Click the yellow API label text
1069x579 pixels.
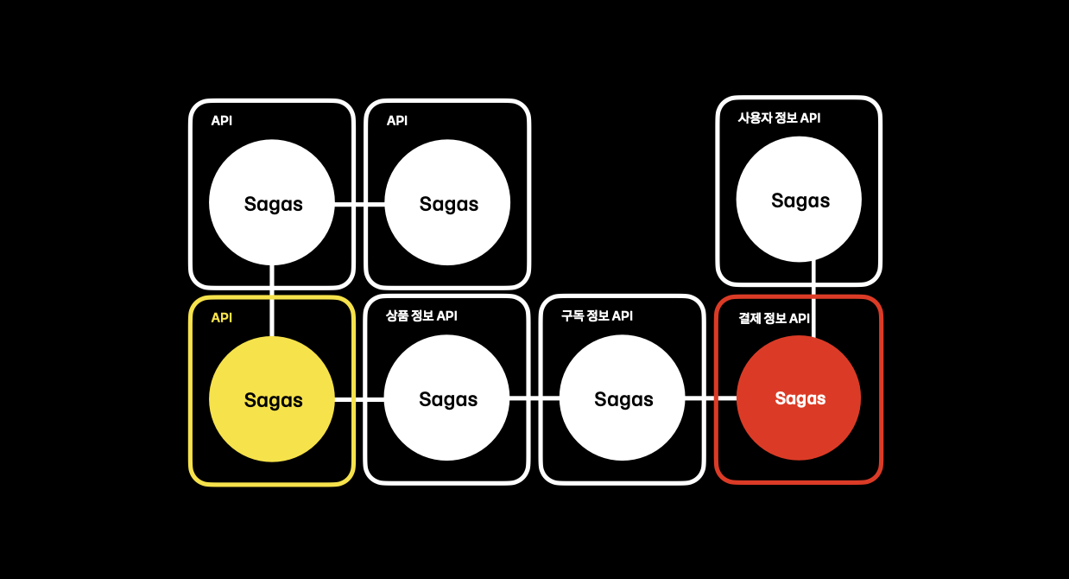click(x=222, y=318)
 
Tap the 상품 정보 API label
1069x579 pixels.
click(x=421, y=316)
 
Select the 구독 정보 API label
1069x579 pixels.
click(x=597, y=316)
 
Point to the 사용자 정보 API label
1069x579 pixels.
click(x=779, y=118)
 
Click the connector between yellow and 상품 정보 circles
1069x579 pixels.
click(x=359, y=399)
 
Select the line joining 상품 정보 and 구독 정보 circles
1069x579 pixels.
click(x=534, y=399)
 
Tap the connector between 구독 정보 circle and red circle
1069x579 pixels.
click(x=711, y=398)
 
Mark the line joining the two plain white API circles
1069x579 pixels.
click(x=359, y=204)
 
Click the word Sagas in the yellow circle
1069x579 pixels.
click(x=273, y=400)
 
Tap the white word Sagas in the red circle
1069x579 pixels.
click(x=800, y=398)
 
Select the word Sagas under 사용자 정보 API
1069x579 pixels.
click(x=800, y=200)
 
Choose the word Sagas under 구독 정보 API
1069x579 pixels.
click(x=623, y=399)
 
